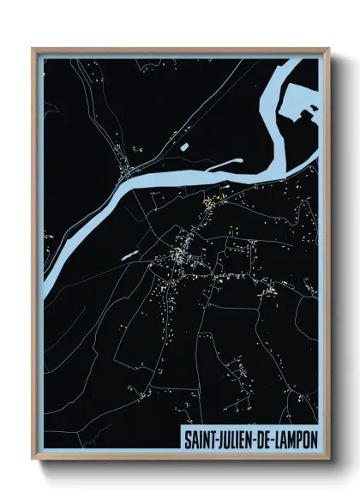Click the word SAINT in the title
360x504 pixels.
point(200,437)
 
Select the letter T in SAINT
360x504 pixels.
point(213,437)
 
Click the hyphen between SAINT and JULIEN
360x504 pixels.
point(217,438)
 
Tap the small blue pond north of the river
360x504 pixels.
point(184,147)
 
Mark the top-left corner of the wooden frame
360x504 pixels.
point(33,48)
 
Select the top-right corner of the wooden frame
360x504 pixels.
point(327,48)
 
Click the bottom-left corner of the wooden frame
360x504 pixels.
point(33,459)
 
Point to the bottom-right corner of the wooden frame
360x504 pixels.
point(327,459)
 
